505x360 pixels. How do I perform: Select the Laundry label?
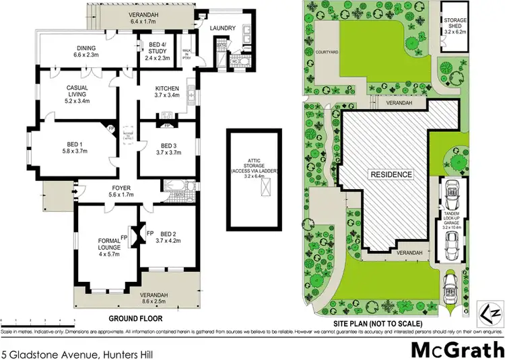pos(222,28)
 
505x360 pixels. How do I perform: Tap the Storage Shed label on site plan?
pos(455,25)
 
